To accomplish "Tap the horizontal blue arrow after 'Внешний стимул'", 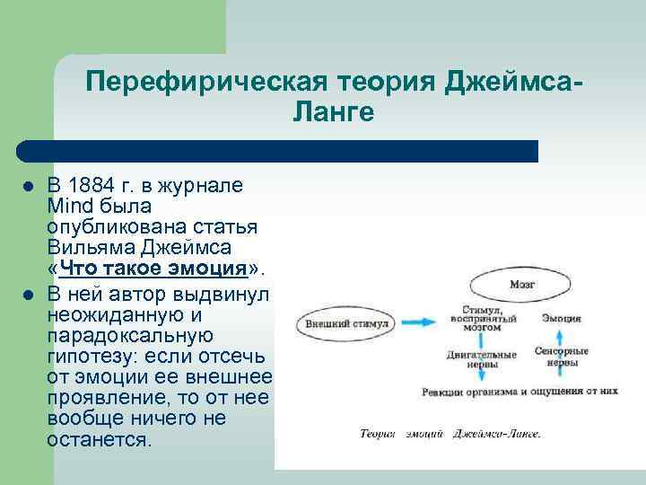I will tap(420, 321).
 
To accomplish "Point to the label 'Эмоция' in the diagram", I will tap(561, 318).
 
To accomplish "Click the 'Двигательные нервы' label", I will tap(481, 359).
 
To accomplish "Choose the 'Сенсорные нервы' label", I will tap(562, 357).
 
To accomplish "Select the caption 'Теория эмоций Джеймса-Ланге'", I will tap(450, 433).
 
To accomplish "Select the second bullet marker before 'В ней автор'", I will tap(28, 295).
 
